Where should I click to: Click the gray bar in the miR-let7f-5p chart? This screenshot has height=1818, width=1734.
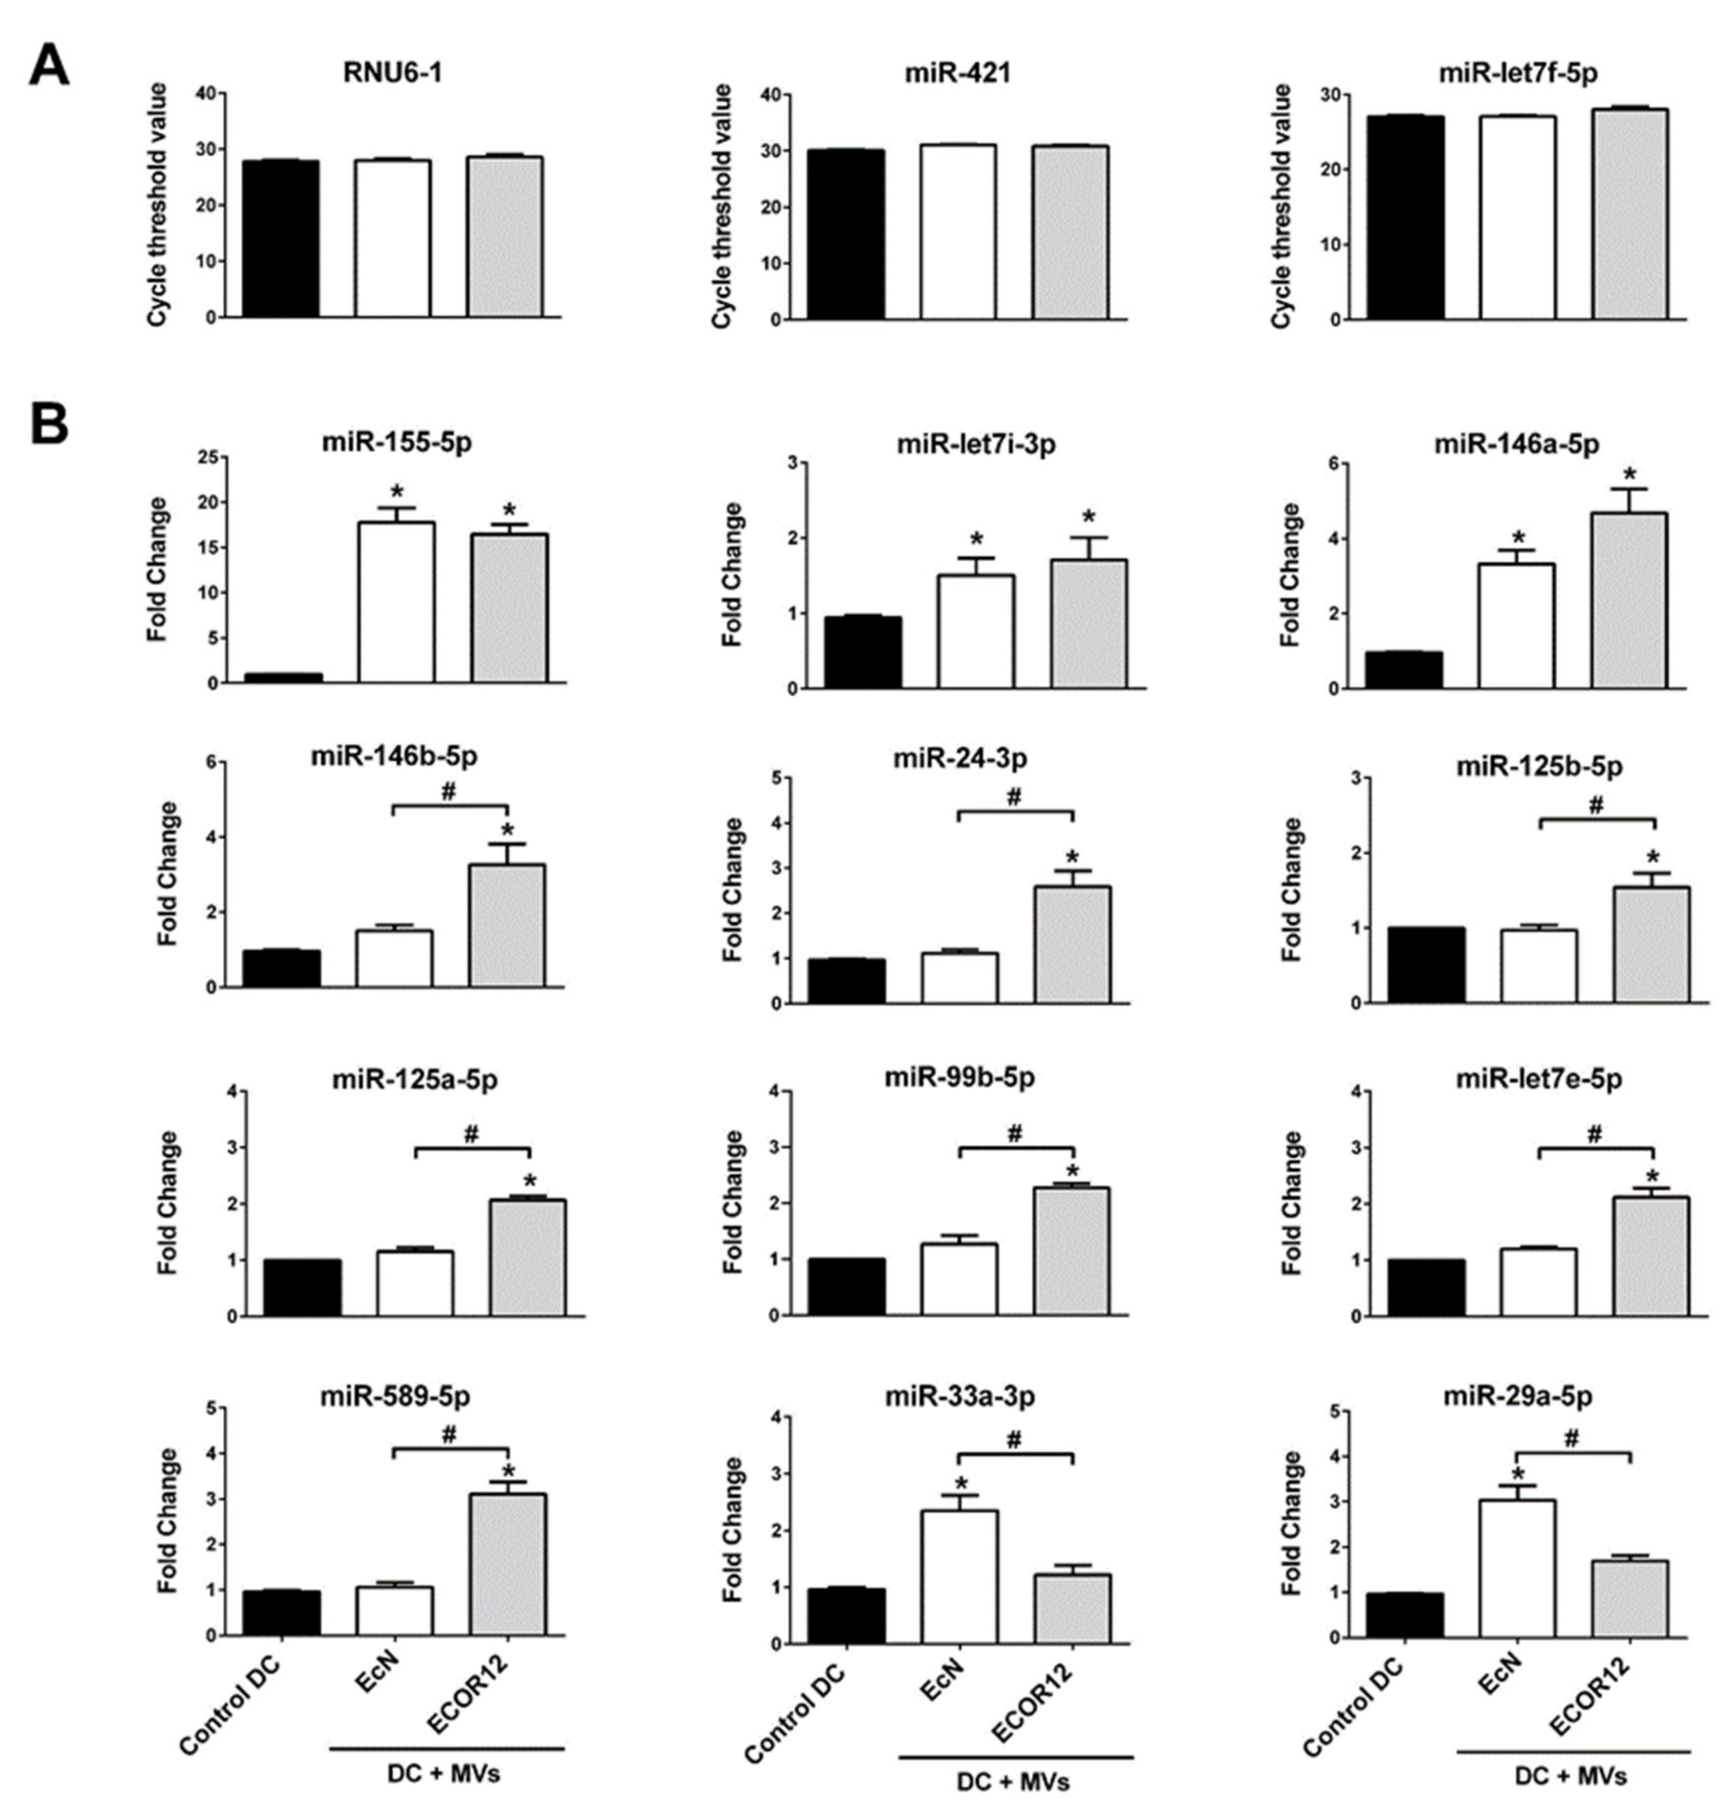[1630, 214]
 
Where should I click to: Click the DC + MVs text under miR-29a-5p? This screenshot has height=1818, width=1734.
[1571, 1776]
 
